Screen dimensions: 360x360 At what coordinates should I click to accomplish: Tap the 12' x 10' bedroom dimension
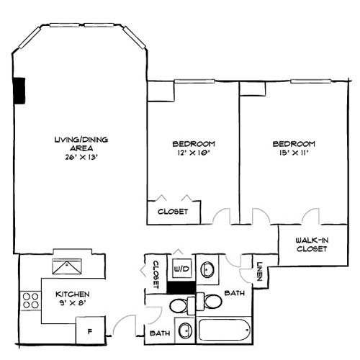click(194, 153)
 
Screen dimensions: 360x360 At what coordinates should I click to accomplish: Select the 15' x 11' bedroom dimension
click(294, 153)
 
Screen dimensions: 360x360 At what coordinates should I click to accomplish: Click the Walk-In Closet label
click(312, 244)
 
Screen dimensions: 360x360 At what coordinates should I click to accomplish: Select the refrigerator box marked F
click(90, 332)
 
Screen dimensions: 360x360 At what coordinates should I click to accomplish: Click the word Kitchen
click(73, 294)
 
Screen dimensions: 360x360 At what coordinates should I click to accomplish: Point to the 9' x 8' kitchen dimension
click(73, 305)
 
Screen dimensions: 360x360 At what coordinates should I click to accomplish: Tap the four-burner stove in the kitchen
click(31, 300)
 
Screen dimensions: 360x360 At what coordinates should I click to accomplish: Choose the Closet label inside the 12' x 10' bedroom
click(173, 212)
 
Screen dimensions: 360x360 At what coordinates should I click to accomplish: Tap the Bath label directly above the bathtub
click(235, 294)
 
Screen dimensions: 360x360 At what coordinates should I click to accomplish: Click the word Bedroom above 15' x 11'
click(294, 143)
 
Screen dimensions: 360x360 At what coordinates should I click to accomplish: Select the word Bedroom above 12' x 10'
click(194, 143)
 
